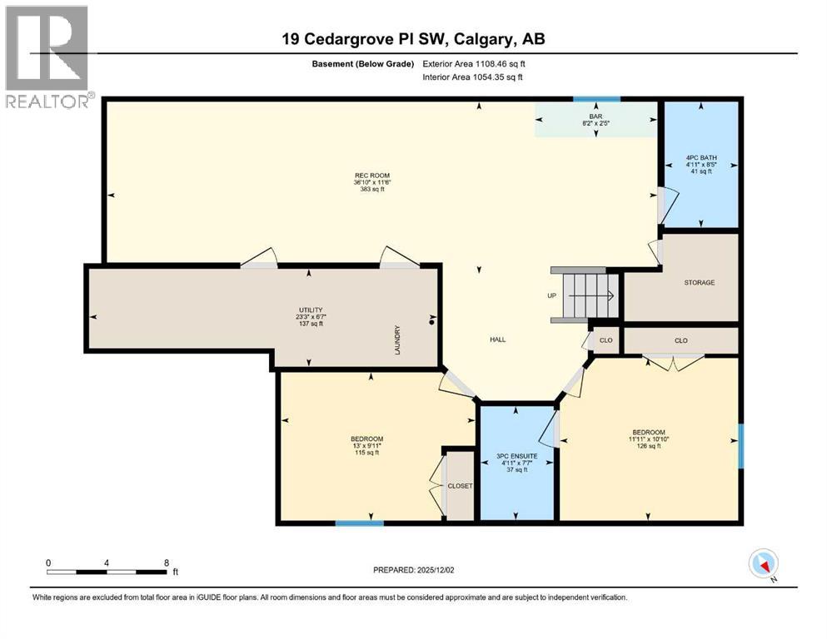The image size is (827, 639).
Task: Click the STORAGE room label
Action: click(699, 283)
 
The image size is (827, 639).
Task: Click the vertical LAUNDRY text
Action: click(398, 339)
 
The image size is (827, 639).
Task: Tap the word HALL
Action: click(498, 339)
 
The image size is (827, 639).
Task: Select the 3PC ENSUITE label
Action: click(516, 457)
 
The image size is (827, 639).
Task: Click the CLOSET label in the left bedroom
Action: click(460, 486)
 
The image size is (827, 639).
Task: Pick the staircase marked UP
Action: click(588, 296)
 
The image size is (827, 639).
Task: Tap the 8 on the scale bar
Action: click(167, 562)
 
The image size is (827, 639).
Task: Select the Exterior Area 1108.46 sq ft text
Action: click(474, 63)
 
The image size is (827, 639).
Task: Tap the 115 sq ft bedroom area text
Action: click(366, 453)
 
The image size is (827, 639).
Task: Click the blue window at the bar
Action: click(596, 99)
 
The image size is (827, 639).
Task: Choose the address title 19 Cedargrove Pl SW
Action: click(413, 39)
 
